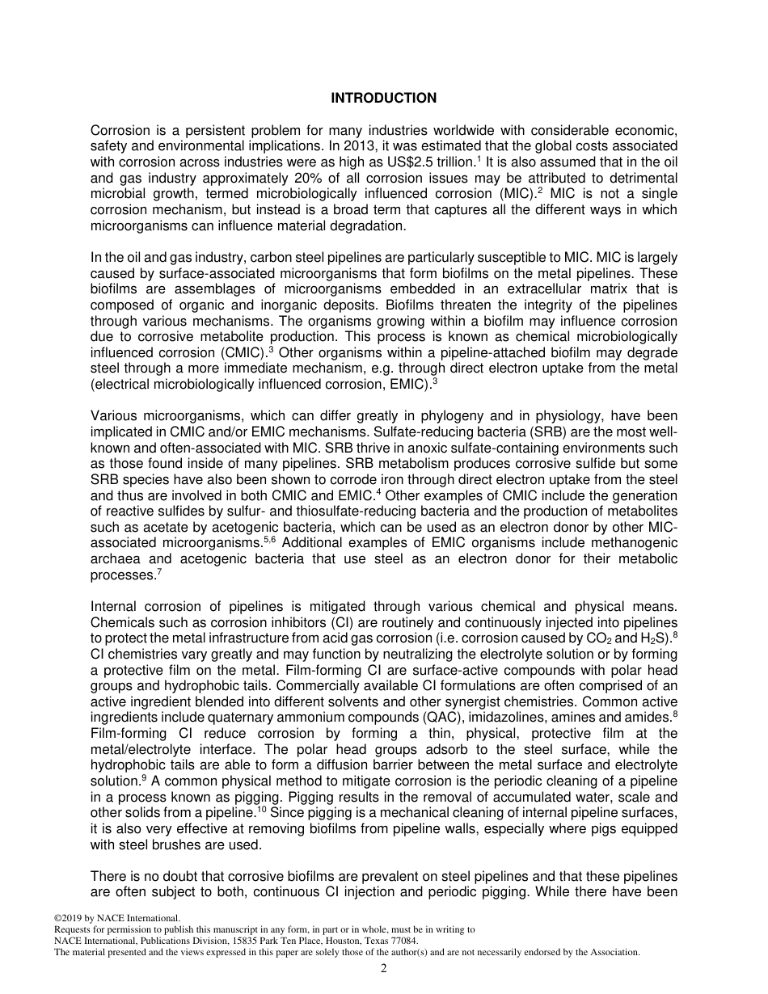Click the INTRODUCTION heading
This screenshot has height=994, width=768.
pyautogui.click(x=383, y=99)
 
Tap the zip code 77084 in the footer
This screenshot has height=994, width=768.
pyautogui.click(x=403, y=941)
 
